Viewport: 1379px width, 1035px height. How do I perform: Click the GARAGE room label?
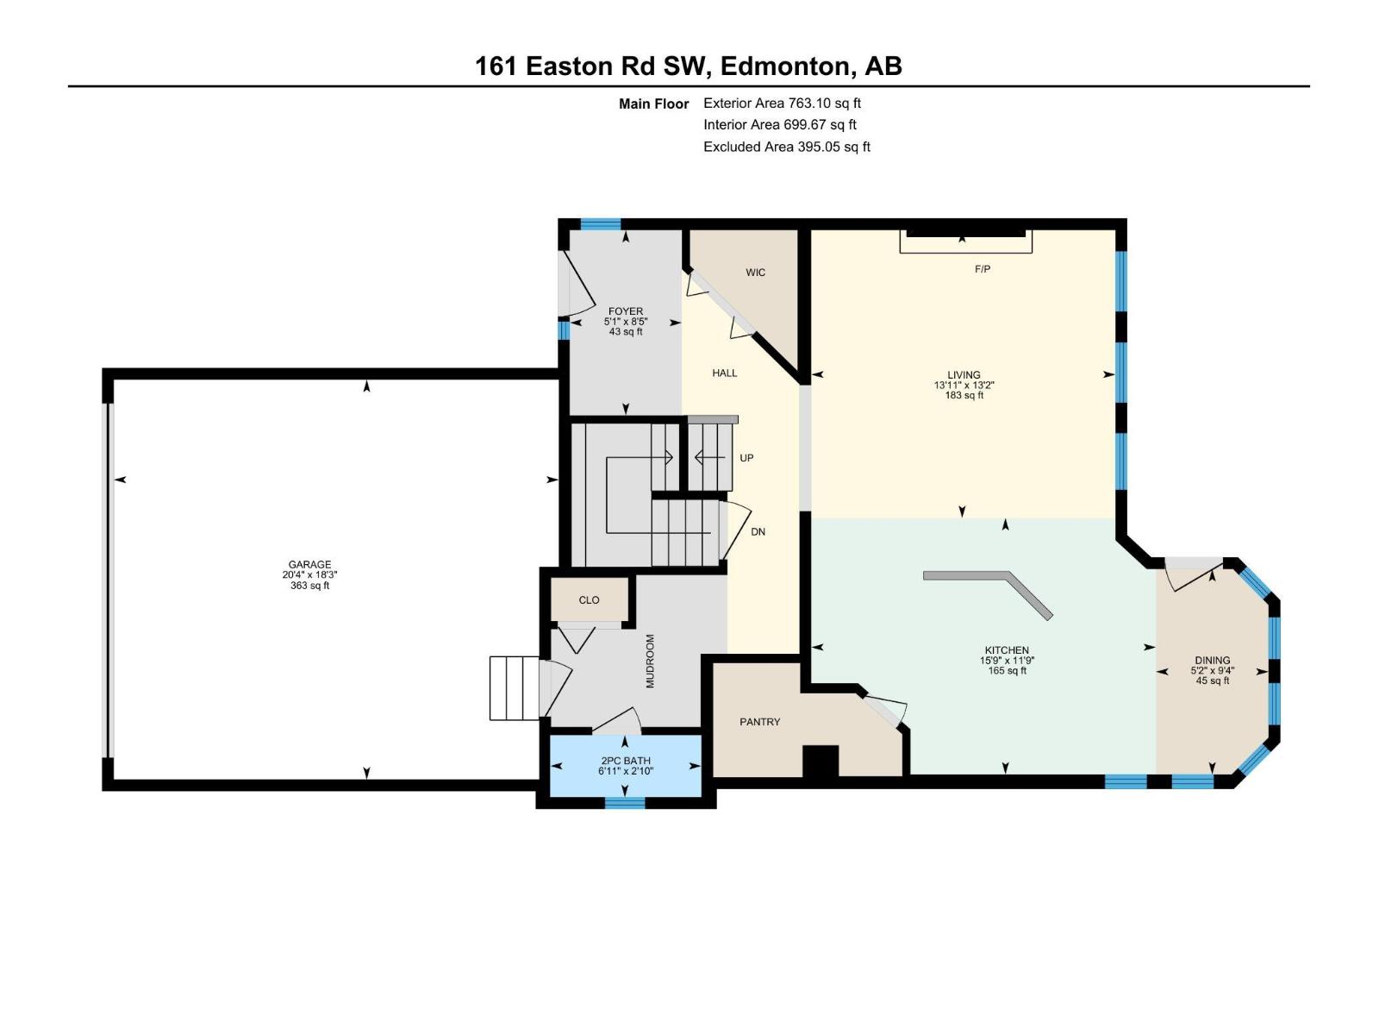point(309,565)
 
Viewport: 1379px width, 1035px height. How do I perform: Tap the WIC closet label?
point(755,273)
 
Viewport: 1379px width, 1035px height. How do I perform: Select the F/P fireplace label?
point(983,269)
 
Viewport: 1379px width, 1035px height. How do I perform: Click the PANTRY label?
point(759,722)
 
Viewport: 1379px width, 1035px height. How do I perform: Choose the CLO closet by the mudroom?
point(589,600)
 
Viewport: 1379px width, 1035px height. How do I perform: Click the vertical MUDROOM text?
point(651,662)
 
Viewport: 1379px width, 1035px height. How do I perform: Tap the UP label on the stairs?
point(746,458)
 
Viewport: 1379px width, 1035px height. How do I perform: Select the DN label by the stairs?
point(758,532)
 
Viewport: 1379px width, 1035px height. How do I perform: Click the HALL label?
point(724,373)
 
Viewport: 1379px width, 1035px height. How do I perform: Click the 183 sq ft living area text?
point(964,396)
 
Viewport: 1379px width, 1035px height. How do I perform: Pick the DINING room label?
point(1212,661)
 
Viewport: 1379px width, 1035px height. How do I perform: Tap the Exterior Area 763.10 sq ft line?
point(782,103)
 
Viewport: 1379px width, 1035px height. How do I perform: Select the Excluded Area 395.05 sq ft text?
point(786,147)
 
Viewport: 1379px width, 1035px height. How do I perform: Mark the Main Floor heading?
point(653,104)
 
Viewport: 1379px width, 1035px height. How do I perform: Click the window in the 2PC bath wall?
point(625,802)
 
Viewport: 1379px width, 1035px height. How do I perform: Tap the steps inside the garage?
point(514,687)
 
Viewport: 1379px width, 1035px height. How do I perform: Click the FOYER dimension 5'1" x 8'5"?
point(626,322)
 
